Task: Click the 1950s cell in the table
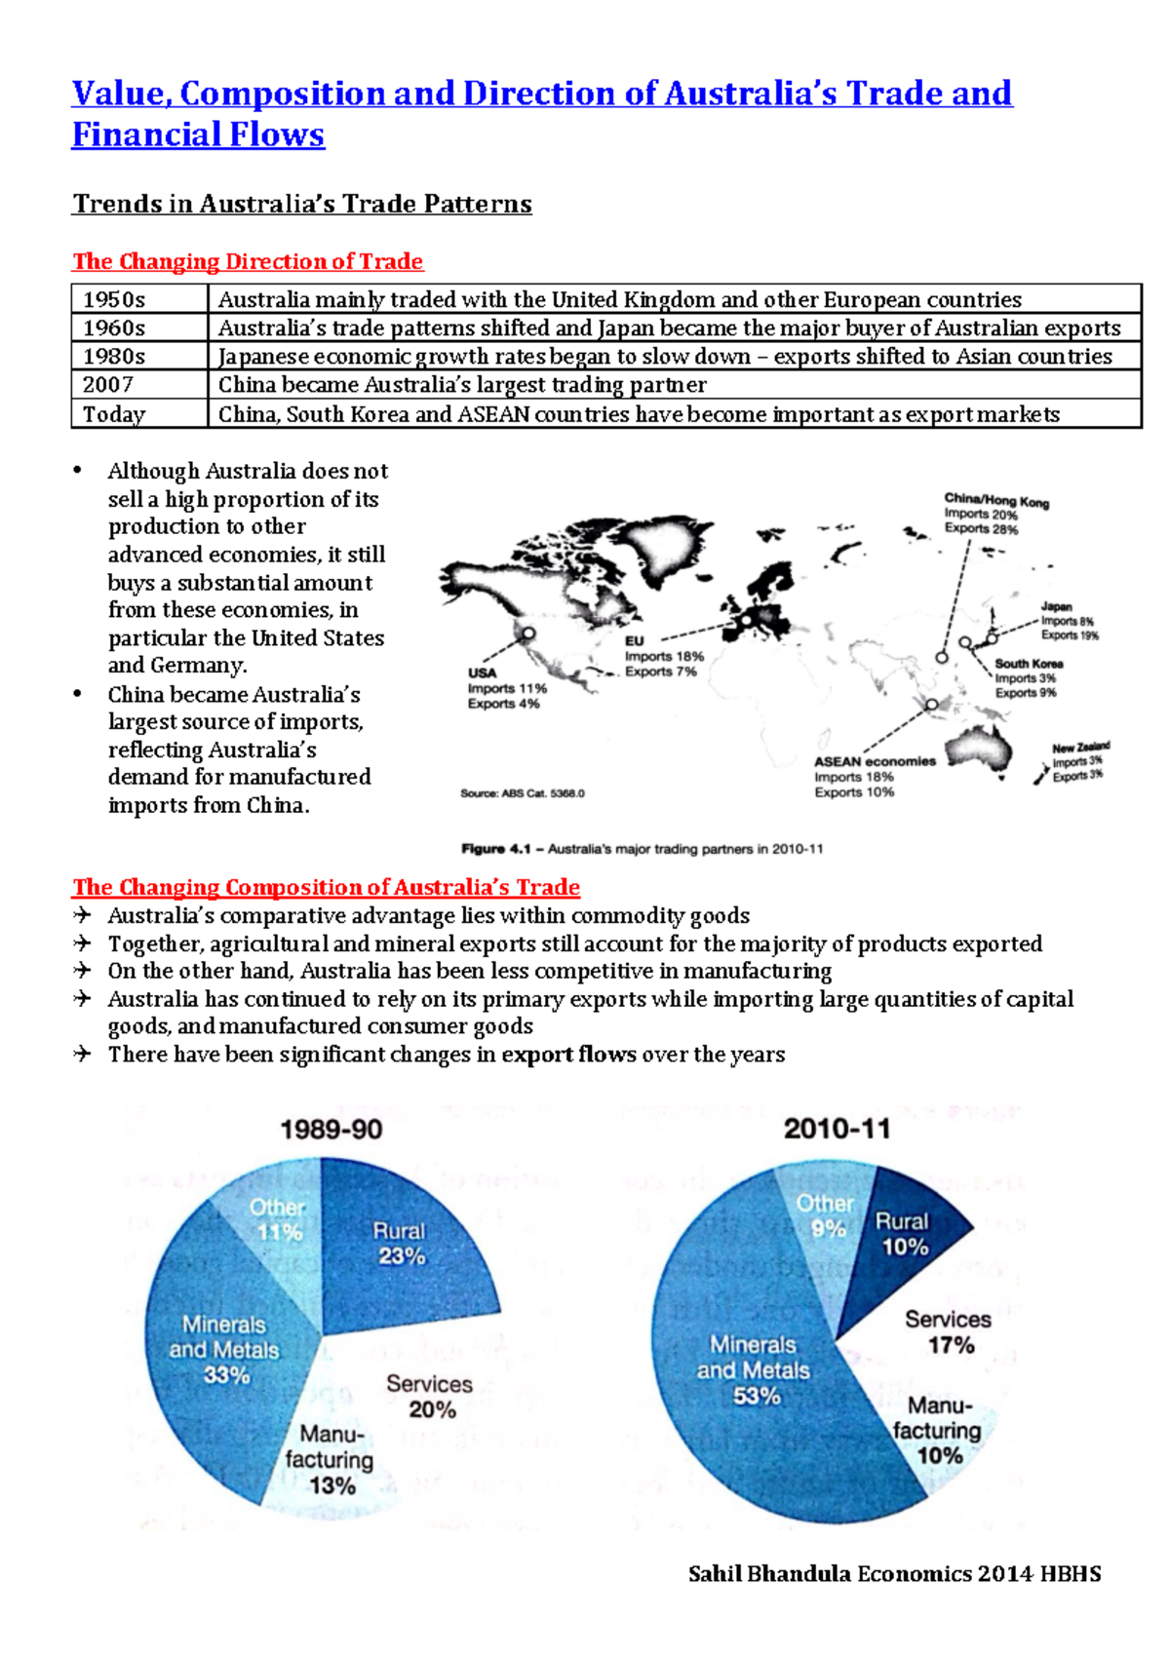(x=114, y=299)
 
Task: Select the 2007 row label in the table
(x=107, y=385)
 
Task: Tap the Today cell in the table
(x=113, y=414)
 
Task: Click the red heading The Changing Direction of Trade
(x=248, y=261)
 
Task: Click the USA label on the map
(x=482, y=673)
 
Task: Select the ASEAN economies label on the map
(x=875, y=761)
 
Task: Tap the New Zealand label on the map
(x=1080, y=748)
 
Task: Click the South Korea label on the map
(x=1029, y=664)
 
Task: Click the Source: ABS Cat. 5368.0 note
(x=523, y=793)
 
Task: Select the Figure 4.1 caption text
(x=642, y=849)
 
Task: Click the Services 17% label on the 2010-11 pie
(x=948, y=1331)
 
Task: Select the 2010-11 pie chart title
(x=837, y=1129)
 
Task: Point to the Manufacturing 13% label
(x=330, y=1459)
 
